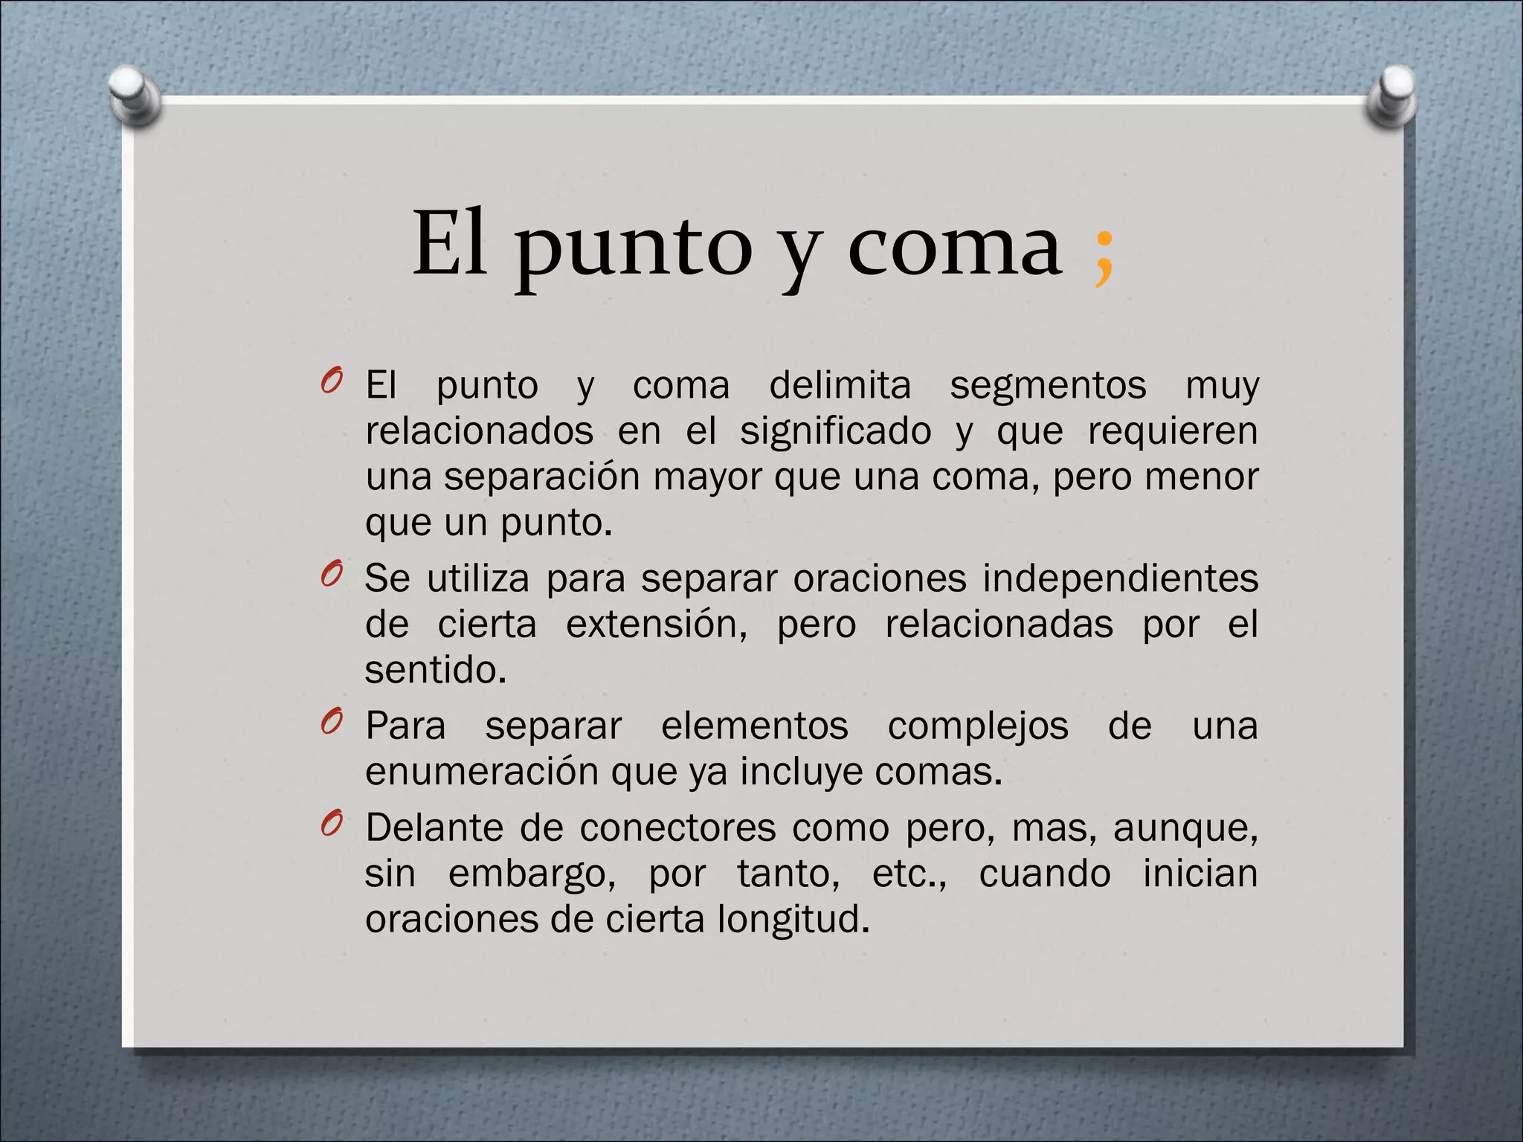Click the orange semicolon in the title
point(1104,257)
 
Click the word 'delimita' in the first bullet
point(840,385)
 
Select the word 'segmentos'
point(1048,385)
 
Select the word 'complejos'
point(978,726)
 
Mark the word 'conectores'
point(677,828)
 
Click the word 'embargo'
point(531,874)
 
